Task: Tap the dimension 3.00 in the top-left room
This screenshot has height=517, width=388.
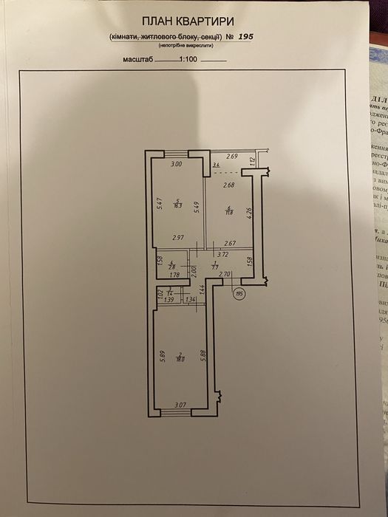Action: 176,164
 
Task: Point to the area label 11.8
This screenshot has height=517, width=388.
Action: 230,213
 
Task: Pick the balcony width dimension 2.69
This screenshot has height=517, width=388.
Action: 232,157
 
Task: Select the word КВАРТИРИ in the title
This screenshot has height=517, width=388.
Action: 214,24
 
